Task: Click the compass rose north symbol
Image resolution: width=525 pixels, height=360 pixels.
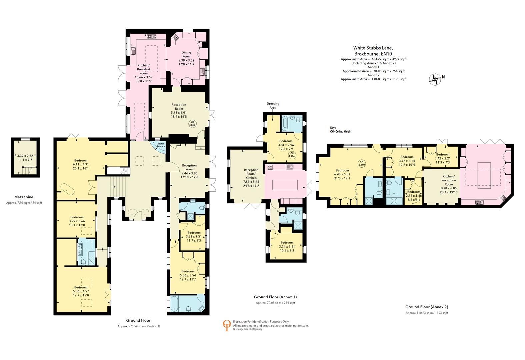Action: [435, 79]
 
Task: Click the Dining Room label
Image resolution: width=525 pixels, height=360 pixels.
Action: [186, 56]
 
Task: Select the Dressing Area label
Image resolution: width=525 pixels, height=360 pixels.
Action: [273, 106]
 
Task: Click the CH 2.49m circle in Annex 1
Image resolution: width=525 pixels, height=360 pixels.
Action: [292, 155]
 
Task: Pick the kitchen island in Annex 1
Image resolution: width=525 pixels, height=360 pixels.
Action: [285, 184]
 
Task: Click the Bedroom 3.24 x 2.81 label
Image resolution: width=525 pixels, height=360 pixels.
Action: [287, 247]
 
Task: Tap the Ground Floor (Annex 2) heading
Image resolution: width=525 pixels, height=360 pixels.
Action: [426, 307]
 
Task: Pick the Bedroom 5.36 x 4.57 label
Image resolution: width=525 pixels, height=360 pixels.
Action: [81, 291]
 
